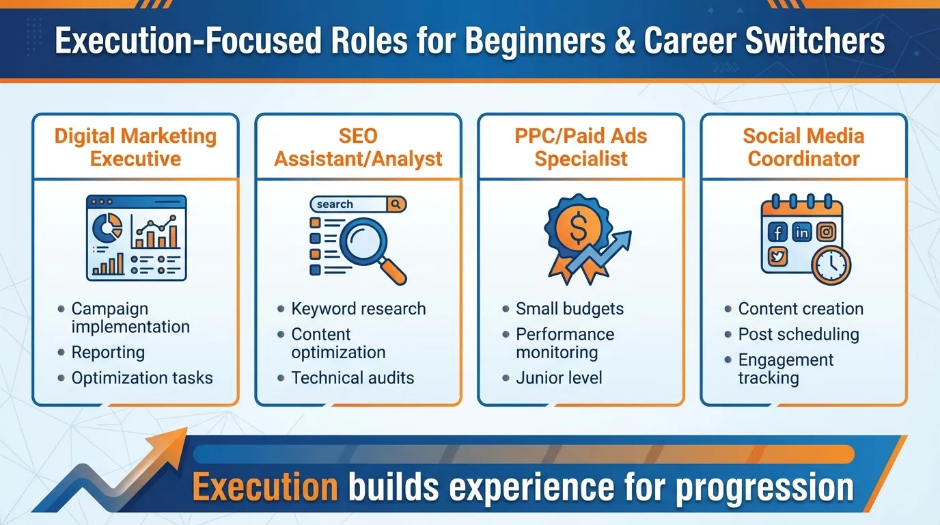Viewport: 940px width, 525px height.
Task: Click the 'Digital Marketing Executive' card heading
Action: (x=135, y=147)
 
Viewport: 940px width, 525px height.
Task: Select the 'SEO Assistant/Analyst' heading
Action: (x=358, y=147)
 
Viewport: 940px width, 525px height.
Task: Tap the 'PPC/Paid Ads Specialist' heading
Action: (x=581, y=147)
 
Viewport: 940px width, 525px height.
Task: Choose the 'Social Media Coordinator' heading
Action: (x=803, y=147)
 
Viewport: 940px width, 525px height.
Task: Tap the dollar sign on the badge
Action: (x=577, y=231)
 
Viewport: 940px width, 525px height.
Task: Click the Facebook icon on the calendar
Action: (x=777, y=232)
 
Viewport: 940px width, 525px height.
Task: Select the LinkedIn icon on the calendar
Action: (x=802, y=232)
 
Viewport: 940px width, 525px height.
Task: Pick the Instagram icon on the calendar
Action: (x=827, y=232)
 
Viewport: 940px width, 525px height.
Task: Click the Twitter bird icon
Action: (x=777, y=257)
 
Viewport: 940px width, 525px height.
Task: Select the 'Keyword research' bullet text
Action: (x=358, y=309)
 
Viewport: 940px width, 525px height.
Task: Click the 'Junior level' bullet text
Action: (x=559, y=378)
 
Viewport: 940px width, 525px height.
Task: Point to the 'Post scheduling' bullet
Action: (x=798, y=334)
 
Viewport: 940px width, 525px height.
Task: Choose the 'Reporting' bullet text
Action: (x=108, y=353)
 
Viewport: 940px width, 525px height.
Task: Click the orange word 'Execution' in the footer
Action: (x=265, y=487)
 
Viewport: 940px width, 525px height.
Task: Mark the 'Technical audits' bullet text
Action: (x=352, y=378)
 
